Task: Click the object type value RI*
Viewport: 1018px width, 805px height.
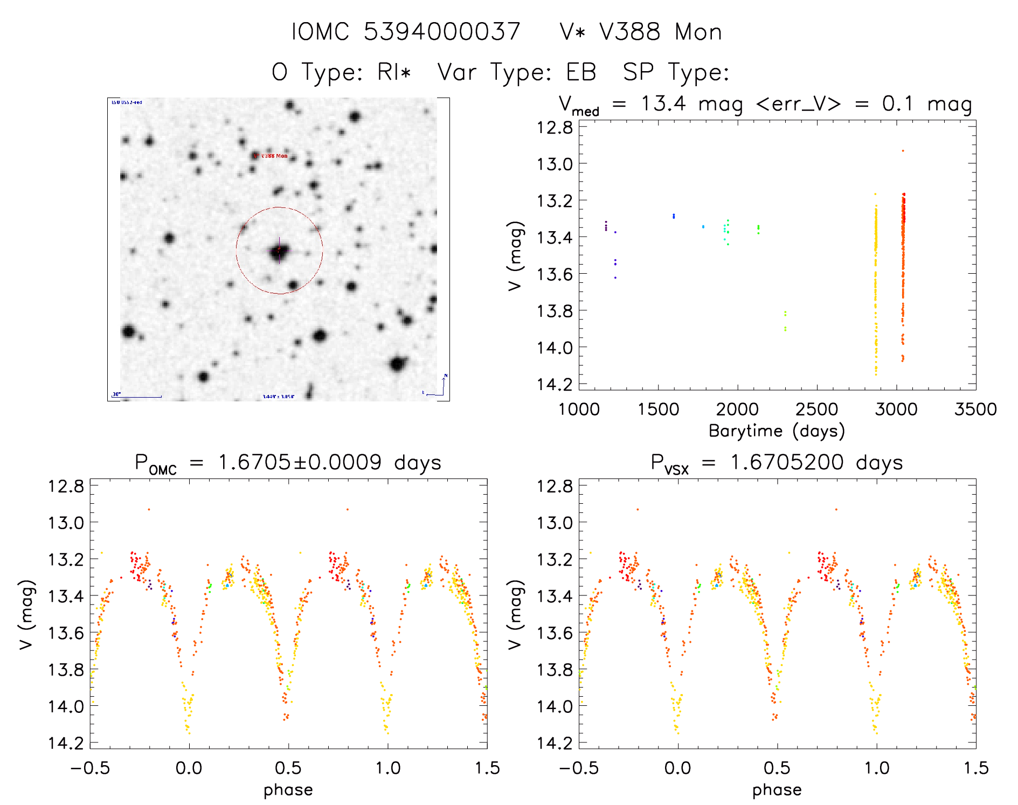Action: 394,72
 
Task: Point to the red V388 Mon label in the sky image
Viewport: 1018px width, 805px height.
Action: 273,156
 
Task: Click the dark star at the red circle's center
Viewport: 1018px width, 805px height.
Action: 279,251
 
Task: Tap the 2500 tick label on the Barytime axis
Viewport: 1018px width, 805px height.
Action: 816,410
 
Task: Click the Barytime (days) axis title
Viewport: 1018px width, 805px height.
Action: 777,431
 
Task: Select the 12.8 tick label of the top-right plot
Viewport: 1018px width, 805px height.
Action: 555,128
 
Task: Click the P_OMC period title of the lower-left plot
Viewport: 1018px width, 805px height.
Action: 288,463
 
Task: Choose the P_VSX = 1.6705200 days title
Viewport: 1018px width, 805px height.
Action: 777,463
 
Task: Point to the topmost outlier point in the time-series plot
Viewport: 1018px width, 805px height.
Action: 903,151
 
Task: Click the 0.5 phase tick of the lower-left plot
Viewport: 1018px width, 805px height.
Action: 288,768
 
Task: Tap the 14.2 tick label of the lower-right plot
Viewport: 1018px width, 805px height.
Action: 555,743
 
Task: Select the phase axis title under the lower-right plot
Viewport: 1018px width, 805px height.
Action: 777,790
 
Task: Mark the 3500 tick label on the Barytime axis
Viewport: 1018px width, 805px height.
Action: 975,410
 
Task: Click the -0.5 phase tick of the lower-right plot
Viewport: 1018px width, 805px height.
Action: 579,768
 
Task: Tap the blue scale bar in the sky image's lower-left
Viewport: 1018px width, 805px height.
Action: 137,397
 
